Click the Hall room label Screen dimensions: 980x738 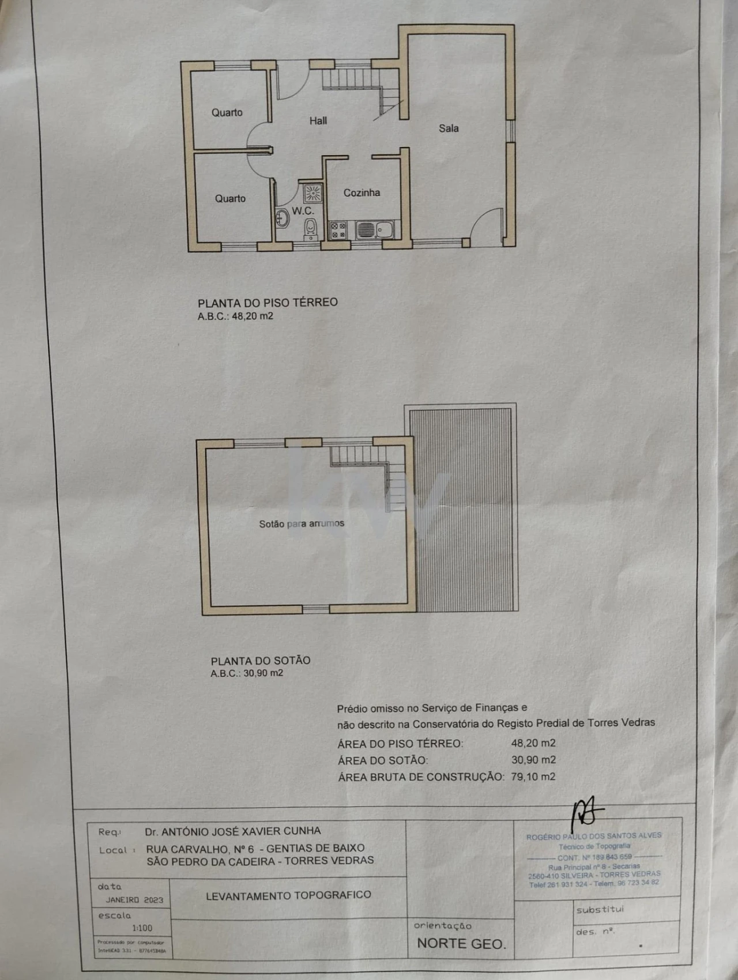point(318,120)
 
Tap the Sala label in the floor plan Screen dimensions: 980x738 point(449,128)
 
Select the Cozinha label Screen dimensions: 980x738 point(362,193)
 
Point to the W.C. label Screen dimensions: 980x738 point(303,211)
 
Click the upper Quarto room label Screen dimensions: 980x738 point(227,112)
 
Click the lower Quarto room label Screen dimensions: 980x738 point(230,198)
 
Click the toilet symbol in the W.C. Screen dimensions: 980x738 point(311,228)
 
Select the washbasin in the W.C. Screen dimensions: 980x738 point(283,218)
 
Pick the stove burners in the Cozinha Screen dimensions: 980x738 point(338,231)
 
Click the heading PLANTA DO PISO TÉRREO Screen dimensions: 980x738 point(268,302)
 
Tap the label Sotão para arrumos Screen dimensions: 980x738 point(302,523)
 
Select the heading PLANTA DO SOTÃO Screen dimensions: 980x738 point(260,661)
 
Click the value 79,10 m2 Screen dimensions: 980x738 point(533,777)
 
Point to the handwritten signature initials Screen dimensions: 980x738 point(586,813)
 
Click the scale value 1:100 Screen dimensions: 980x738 point(142,928)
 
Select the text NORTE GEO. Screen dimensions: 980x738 point(461,944)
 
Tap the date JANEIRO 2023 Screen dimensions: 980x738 point(134,900)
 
